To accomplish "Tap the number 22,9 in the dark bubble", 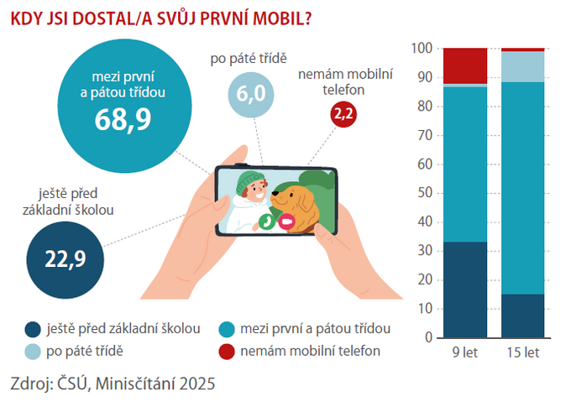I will point(66,258).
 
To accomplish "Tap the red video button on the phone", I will point(286,222).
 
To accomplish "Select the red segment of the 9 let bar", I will point(465,65).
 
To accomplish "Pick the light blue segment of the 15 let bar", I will point(521,66).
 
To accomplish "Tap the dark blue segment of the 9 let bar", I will point(465,290).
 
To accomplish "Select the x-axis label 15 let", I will point(521,352).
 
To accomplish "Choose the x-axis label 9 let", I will point(465,352).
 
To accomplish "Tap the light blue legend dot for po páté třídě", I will point(34,350).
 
